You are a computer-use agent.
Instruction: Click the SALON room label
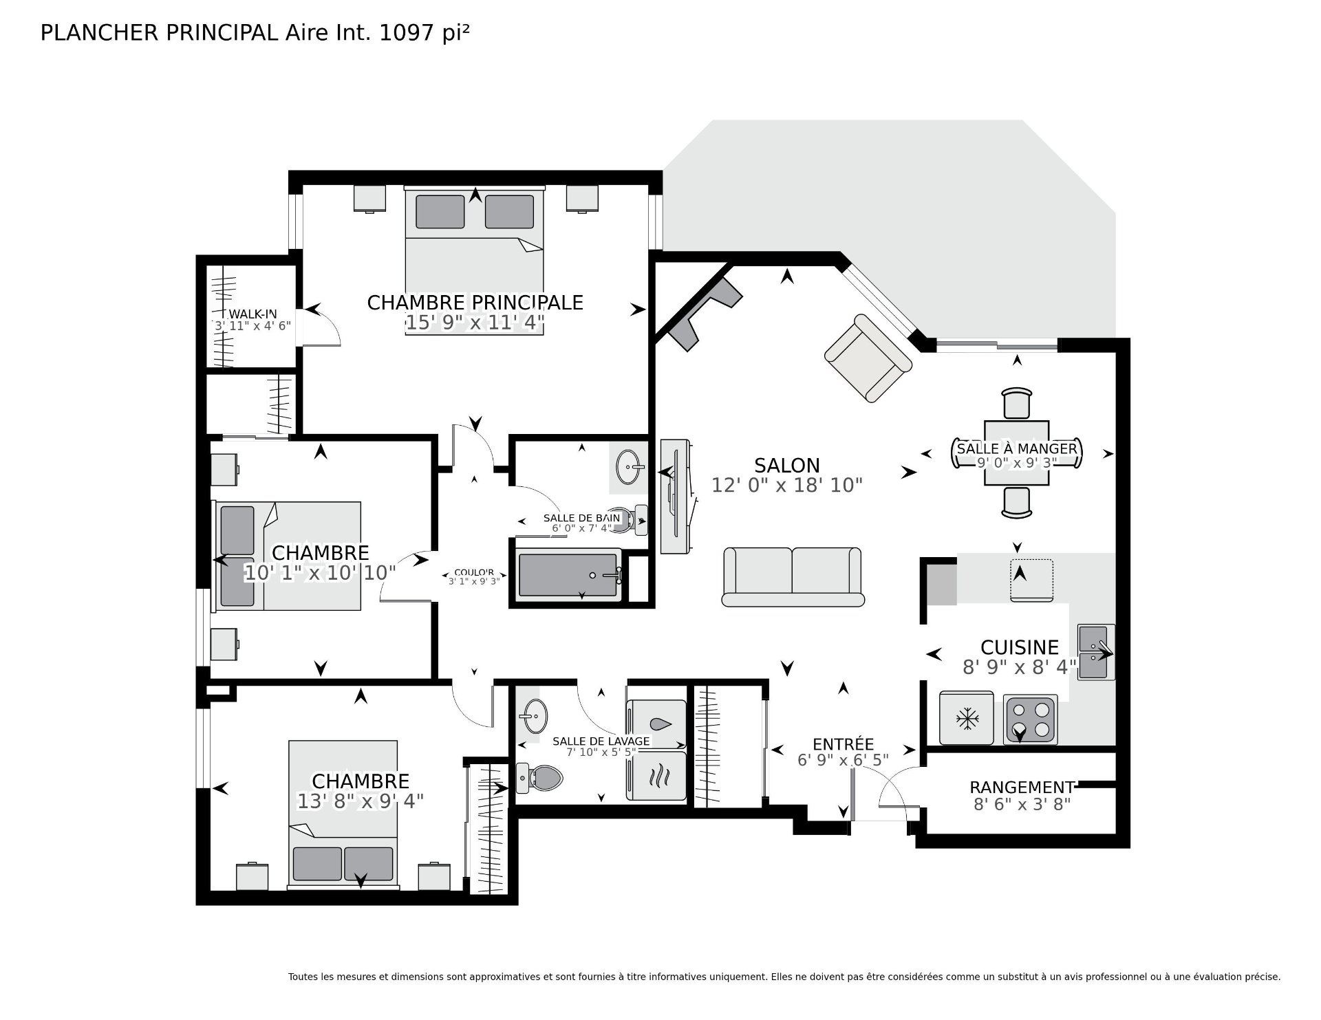(x=786, y=465)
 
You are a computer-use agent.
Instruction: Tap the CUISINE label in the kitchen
(x=1019, y=647)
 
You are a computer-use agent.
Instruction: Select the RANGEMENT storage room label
(x=1022, y=787)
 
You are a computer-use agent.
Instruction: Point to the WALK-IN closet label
(x=253, y=314)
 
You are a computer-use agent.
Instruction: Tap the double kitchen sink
(x=1095, y=652)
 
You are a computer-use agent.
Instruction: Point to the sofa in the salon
(x=793, y=577)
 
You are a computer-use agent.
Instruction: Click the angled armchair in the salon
(x=868, y=358)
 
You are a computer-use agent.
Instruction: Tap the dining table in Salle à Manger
(x=1016, y=453)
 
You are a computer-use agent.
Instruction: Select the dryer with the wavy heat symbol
(x=657, y=776)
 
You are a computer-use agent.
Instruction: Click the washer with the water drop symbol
(x=657, y=725)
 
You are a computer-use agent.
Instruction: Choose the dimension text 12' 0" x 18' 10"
(x=786, y=486)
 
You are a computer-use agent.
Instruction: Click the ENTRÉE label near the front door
(x=843, y=744)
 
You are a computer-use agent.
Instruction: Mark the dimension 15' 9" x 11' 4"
(x=475, y=323)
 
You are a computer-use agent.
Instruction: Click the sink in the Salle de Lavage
(x=535, y=717)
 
